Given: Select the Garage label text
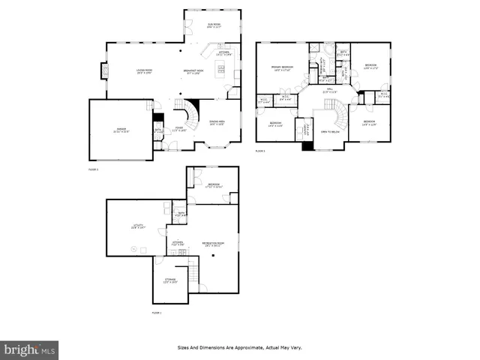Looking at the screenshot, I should [121, 130].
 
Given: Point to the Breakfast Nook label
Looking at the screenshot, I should [194, 72].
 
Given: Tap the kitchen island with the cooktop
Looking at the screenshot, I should [221, 72].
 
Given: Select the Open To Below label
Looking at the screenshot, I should [330, 131].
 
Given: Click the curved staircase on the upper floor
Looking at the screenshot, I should [341, 112].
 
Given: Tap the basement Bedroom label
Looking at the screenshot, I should [214, 185].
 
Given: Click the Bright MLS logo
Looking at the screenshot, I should [30, 349].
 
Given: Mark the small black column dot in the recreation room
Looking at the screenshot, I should [212, 256].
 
